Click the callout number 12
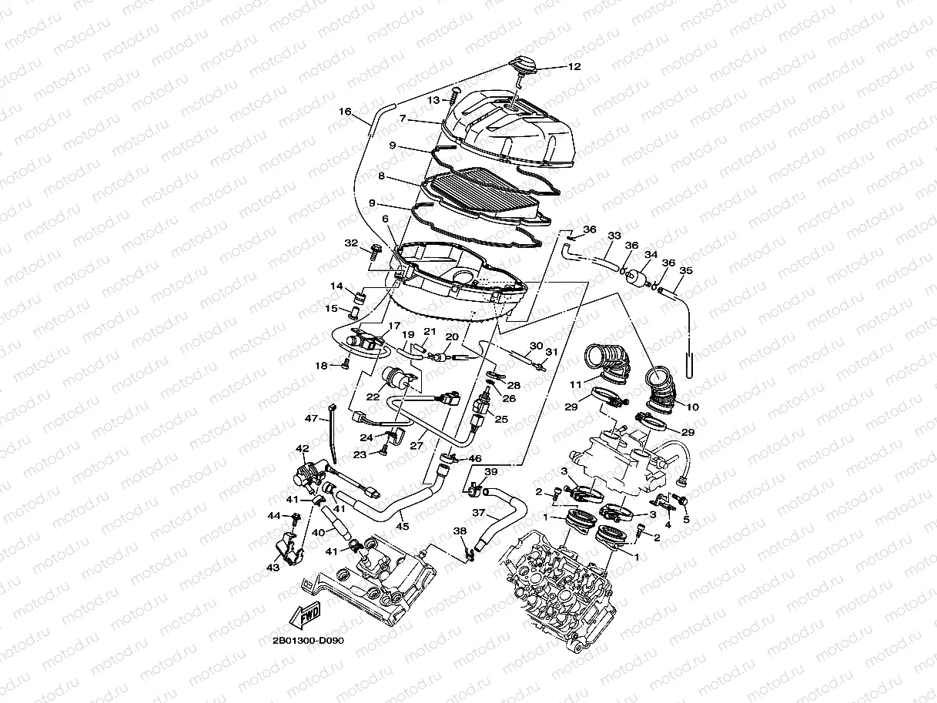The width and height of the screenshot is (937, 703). click(574, 67)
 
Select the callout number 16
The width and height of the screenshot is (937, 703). click(345, 112)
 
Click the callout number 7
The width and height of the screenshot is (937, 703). click(401, 119)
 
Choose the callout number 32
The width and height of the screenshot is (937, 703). click(351, 243)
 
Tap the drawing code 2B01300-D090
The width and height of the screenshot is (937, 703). click(307, 641)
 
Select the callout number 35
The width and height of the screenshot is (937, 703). click(686, 271)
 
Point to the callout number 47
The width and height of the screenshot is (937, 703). click(311, 419)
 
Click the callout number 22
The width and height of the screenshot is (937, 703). click(373, 397)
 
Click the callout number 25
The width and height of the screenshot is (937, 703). click(501, 420)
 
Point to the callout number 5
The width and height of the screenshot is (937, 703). click(686, 520)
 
